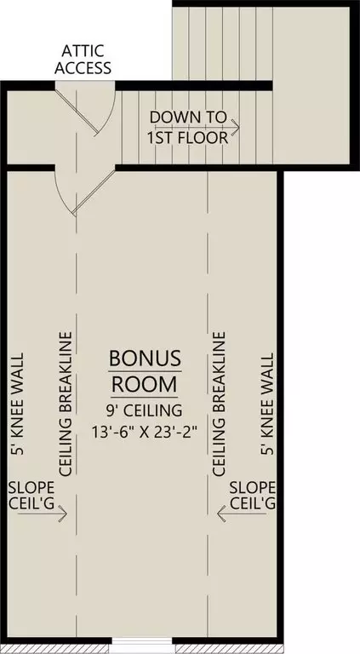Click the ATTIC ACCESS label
(x=83, y=60)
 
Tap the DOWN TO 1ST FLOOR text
(x=188, y=127)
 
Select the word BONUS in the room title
(x=145, y=359)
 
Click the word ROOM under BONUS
(x=144, y=384)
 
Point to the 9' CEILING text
(x=145, y=410)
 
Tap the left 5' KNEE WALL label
(x=18, y=404)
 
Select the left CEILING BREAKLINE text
(x=66, y=404)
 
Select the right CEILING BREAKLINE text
(x=219, y=404)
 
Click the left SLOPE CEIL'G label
(x=31, y=495)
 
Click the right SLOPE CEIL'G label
(x=253, y=495)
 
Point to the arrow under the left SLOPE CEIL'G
(x=42, y=513)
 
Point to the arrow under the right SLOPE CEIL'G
(x=242, y=513)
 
